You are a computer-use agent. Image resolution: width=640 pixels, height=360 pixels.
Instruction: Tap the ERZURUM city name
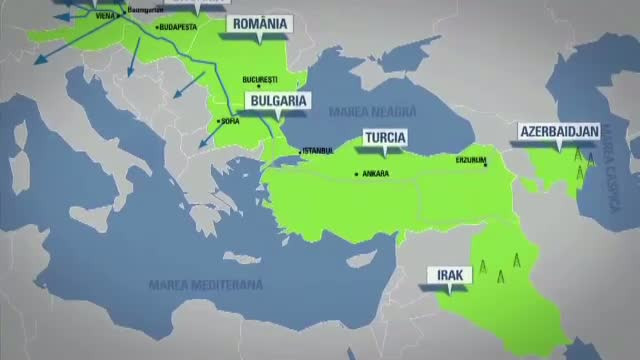click(469, 158)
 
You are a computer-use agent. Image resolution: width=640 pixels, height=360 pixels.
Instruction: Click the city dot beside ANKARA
click(356, 174)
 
